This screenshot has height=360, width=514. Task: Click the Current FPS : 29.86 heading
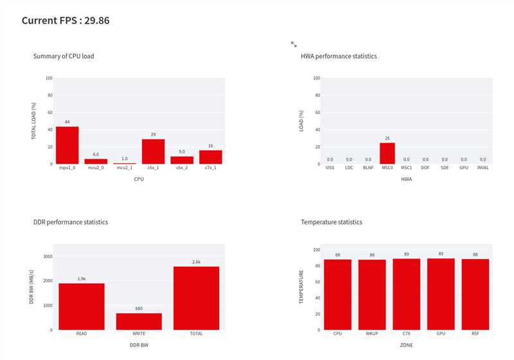[x=66, y=21]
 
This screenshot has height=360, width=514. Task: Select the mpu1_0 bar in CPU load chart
[x=67, y=145]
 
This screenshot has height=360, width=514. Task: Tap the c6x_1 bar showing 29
[x=153, y=152]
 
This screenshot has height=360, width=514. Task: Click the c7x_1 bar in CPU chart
[x=210, y=157]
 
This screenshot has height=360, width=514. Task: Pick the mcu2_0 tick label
[x=96, y=169]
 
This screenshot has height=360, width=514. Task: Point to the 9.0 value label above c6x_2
[x=182, y=152]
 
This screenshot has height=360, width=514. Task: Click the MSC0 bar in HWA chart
[x=387, y=154]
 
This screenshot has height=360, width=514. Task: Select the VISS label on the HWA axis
[x=330, y=169]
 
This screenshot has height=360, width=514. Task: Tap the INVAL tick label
[x=483, y=169]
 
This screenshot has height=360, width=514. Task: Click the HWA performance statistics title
[x=339, y=57]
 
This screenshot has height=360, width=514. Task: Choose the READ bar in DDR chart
[x=82, y=307]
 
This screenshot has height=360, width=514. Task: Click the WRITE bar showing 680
[x=139, y=321]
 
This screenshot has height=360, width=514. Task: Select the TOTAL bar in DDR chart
[x=196, y=298]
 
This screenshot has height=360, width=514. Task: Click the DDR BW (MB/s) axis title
[x=31, y=287]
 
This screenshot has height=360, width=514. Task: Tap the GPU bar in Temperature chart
[x=441, y=294]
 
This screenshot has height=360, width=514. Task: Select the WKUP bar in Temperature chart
[x=372, y=294]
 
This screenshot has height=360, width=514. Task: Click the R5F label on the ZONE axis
[x=475, y=334]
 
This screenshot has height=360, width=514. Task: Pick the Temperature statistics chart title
[x=332, y=222]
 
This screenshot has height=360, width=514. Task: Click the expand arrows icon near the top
[x=294, y=44]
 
